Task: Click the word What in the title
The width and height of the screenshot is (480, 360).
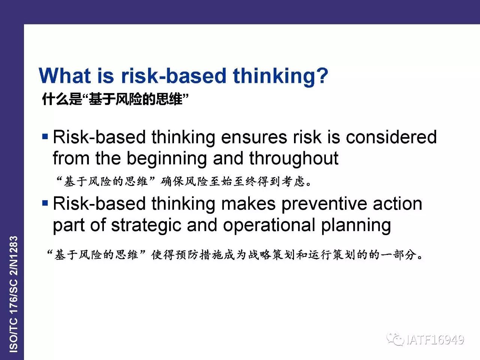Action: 65,75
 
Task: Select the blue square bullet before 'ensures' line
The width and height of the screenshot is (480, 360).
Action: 45,136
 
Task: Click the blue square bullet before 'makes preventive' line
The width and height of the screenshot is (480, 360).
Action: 45,203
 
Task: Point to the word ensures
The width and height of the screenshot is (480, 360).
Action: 254,137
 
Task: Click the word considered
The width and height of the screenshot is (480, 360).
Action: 391,137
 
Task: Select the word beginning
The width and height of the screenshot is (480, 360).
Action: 166,159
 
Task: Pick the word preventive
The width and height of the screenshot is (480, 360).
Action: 324,204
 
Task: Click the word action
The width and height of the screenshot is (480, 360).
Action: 397,204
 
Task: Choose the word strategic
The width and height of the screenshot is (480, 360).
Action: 146,225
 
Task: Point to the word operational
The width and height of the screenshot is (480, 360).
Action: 269,226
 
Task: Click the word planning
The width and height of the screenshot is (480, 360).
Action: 356,226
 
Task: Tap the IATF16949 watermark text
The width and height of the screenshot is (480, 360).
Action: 435,340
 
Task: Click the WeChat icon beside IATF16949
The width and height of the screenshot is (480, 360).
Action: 395,339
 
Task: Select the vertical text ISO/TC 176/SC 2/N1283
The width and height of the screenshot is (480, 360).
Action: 13,294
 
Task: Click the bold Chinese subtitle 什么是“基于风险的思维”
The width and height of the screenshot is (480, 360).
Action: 115,99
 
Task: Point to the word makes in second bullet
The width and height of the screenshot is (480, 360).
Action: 248,204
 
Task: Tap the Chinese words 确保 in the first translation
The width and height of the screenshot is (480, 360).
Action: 172,181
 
